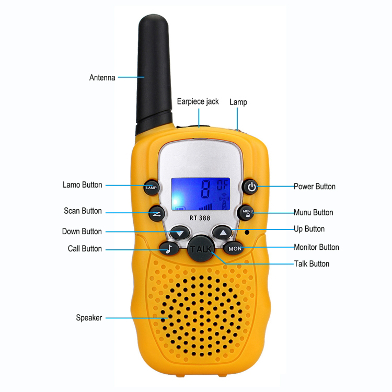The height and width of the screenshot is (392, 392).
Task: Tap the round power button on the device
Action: [252, 187]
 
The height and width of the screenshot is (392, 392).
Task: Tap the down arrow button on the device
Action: [180, 233]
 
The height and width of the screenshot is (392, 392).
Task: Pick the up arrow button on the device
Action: [223, 233]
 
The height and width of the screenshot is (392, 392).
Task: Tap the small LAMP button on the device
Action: [151, 187]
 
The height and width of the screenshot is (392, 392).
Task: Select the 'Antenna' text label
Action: [102, 78]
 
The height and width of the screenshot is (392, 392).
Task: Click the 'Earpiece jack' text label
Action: [198, 101]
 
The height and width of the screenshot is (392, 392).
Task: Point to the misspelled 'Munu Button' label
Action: [313, 213]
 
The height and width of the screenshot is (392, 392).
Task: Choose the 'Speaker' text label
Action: [89, 317]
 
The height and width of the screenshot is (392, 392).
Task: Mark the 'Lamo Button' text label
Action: [82, 185]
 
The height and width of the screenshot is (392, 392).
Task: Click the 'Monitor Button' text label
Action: [316, 247]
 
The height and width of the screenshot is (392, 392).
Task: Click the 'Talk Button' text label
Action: [312, 263]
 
